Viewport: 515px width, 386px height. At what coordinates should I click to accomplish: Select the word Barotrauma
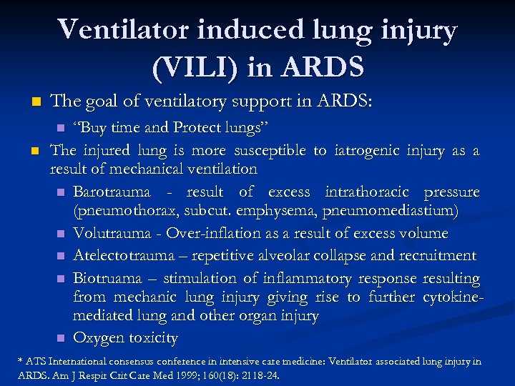(x=112, y=192)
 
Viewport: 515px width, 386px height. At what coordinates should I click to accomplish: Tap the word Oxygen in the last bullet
(x=97, y=337)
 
